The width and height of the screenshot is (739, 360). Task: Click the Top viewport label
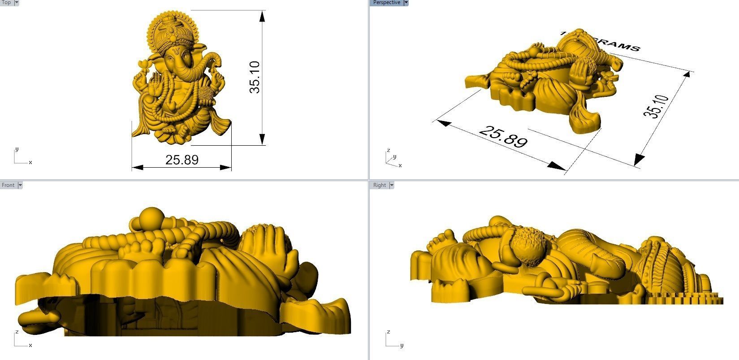(6, 2)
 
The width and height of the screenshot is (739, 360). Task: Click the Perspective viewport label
(386, 2)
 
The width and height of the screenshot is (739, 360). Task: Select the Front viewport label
(8, 185)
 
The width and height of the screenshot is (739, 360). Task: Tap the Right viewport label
(379, 185)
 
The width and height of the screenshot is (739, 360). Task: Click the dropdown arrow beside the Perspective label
(406, 2)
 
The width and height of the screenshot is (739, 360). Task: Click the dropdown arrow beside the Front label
(20, 185)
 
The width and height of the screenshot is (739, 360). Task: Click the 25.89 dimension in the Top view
(182, 160)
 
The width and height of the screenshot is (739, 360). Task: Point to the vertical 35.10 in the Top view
(255, 77)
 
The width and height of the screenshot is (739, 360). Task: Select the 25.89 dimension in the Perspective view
(503, 136)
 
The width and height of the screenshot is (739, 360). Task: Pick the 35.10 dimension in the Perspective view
(656, 106)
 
